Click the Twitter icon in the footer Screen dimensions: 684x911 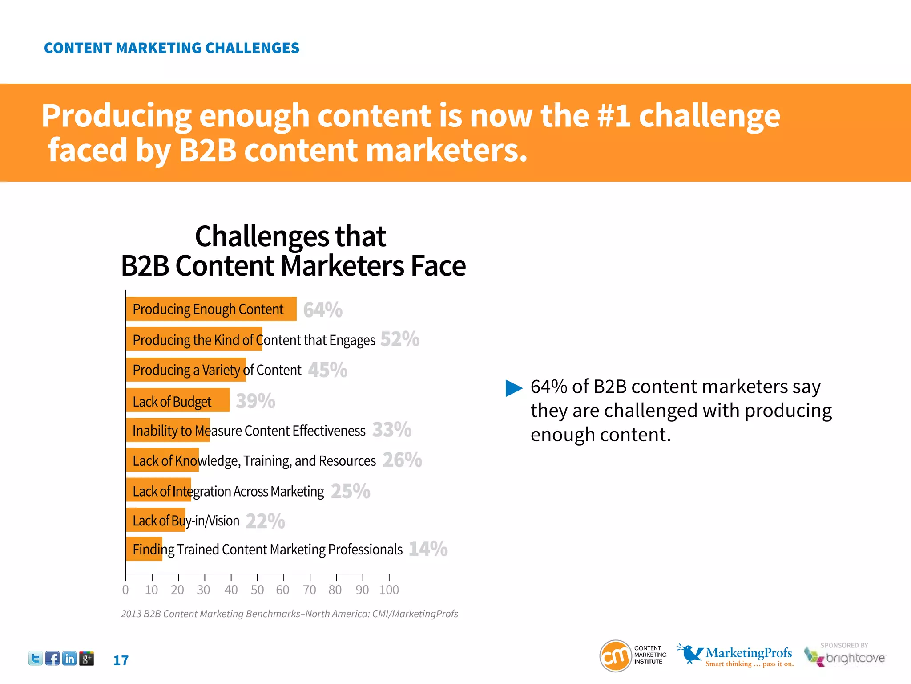(x=36, y=658)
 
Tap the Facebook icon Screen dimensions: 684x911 (x=52, y=658)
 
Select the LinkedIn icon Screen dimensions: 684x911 (x=69, y=658)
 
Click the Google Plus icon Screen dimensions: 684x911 (x=86, y=658)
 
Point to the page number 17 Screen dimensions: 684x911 (x=121, y=660)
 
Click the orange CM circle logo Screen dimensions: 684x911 (x=616, y=655)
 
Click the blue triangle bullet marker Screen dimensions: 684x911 (x=514, y=388)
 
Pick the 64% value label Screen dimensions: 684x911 (x=322, y=310)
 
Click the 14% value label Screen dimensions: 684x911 (x=428, y=549)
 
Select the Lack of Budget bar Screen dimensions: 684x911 (x=177, y=400)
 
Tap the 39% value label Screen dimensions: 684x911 (x=255, y=401)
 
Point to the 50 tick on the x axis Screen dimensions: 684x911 (x=257, y=590)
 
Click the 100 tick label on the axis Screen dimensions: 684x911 (x=389, y=590)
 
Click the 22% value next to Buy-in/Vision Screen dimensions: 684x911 (x=265, y=521)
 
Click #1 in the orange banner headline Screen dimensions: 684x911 (x=613, y=116)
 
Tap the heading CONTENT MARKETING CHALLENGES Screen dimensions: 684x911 (x=172, y=48)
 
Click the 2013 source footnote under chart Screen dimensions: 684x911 (x=289, y=614)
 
